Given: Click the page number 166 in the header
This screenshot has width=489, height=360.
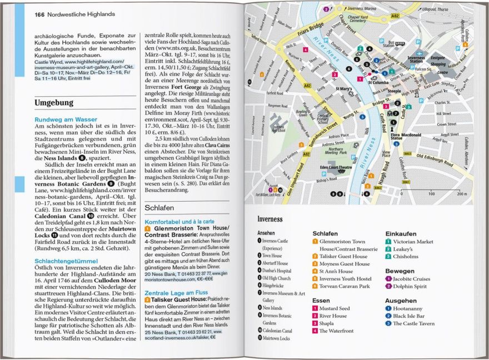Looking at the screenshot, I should (x=39, y=13).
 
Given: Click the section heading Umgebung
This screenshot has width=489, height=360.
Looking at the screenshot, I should (x=54, y=103).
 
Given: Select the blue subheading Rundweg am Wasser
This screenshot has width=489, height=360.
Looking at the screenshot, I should (x=66, y=119).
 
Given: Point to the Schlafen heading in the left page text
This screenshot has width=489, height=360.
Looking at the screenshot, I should (x=159, y=207).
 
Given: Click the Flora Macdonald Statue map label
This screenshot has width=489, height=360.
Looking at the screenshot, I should (x=409, y=137).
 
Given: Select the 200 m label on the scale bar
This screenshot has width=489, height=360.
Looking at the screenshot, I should (x=461, y=194).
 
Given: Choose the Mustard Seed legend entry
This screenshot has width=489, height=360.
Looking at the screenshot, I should (x=335, y=308).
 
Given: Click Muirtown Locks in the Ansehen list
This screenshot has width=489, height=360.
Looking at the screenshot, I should (x=277, y=338).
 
